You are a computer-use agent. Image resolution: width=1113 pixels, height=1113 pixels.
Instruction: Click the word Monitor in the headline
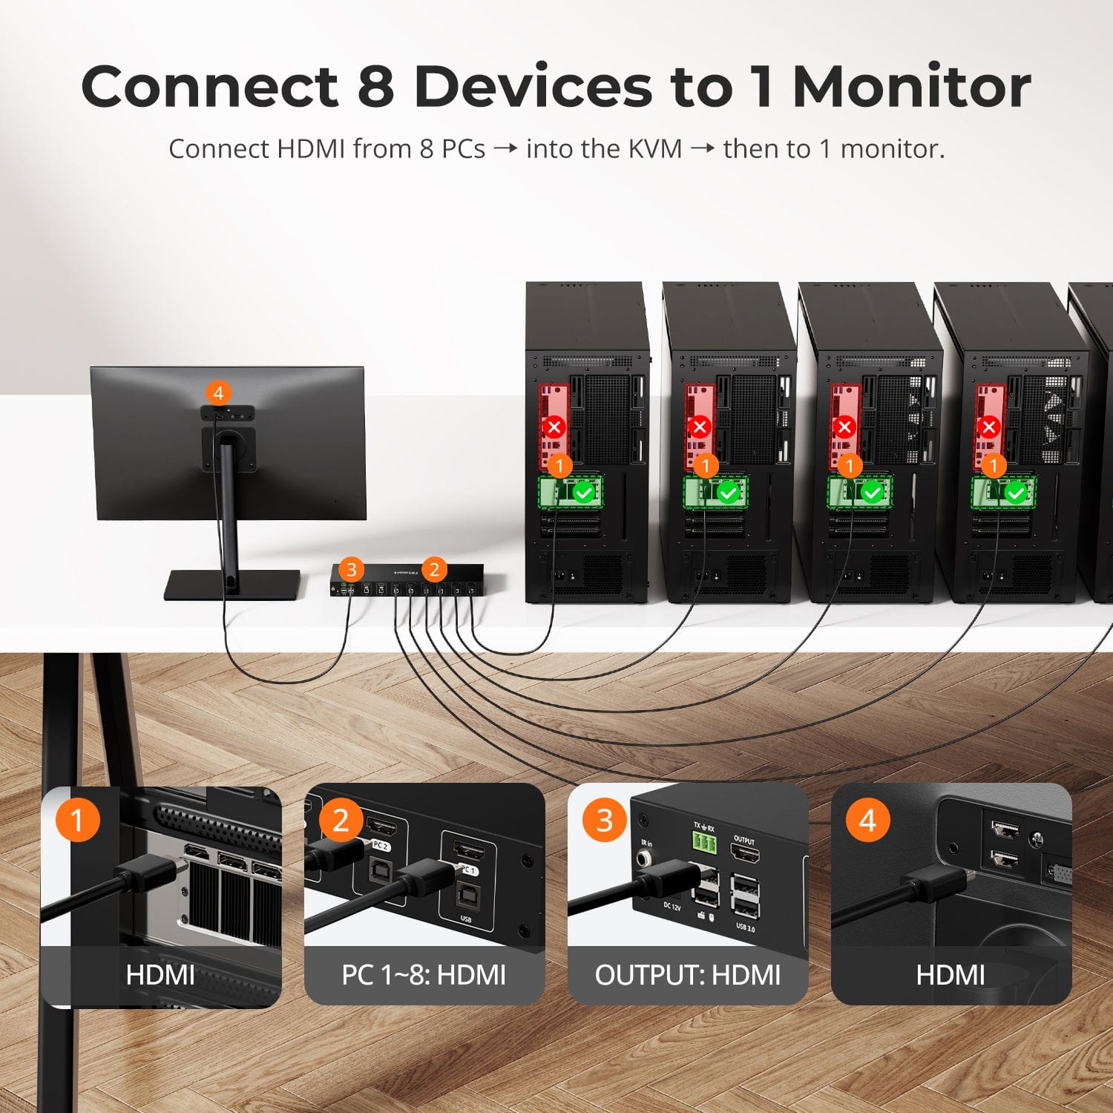click(911, 87)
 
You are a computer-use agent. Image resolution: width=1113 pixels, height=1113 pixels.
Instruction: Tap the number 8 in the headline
click(375, 87)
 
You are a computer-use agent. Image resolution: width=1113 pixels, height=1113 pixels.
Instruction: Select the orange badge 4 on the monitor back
click(217, 393)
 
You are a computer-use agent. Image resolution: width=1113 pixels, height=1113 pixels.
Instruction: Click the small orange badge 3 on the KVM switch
click(351, 570)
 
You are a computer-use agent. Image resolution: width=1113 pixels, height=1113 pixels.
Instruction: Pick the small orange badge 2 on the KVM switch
click(434, 570)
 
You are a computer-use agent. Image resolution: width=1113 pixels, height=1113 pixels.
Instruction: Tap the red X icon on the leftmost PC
click(554, 427)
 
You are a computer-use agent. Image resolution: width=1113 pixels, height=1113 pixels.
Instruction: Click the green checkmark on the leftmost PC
click(585, 492)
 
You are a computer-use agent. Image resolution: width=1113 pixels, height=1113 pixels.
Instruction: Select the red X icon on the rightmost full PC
click(988, 427)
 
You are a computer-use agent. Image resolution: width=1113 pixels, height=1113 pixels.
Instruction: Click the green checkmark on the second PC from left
click(728, 492)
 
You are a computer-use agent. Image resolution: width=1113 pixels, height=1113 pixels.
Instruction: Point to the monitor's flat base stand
click(232, 585)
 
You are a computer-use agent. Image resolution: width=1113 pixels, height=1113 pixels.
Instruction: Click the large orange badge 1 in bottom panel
click(77, 820)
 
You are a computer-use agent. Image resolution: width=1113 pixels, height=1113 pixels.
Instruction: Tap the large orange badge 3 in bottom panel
click(604, 820)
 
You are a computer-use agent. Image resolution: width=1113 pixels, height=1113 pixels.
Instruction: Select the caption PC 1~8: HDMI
click(424, 975)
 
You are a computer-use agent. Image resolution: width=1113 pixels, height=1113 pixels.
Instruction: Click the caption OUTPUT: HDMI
click(688, 975)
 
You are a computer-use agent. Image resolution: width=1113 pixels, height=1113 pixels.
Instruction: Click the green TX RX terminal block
click(705, 841)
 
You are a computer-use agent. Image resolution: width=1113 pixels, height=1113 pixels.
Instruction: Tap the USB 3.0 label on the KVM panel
click(745, 927)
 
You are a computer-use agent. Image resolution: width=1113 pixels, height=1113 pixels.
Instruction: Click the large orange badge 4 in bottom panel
click(867, 820)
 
